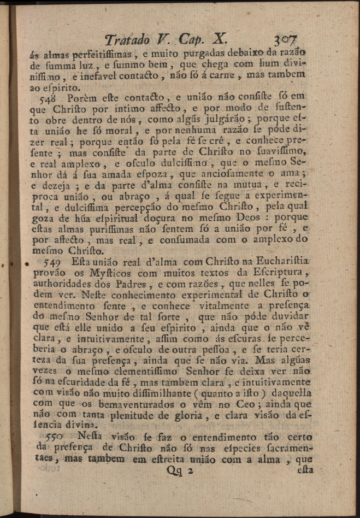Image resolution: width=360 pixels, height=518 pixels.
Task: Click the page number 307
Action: coord(286,40)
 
